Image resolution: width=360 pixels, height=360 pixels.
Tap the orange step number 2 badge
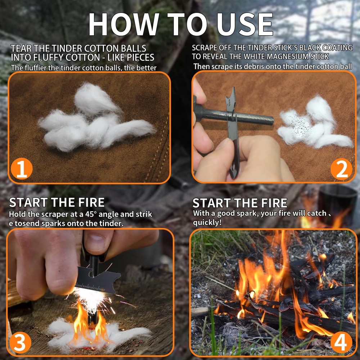pos(341,169)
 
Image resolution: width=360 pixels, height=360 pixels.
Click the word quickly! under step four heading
pos(207,222)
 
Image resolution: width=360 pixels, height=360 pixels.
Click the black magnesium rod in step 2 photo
pos(252,117)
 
